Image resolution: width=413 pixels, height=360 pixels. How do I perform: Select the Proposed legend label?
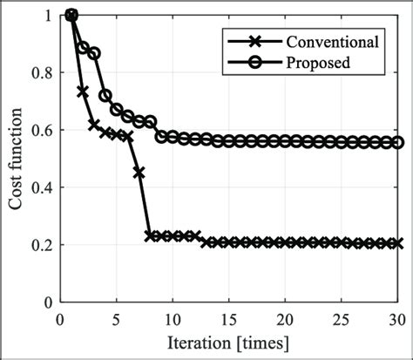(x=319, y=62)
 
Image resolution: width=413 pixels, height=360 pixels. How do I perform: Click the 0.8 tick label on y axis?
(x=41, y=72)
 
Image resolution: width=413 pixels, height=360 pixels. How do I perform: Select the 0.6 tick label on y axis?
(x=41, y=130)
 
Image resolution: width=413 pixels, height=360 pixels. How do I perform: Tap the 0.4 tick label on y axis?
(x=41, y=187)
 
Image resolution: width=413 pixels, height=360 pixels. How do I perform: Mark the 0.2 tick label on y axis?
(x=41, y=245)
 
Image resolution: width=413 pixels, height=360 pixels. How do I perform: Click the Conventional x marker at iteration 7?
(x=139, y=173)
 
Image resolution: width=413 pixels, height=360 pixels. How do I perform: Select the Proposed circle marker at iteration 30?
(x=398, y=142)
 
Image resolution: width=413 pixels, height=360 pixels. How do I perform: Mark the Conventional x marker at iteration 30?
(x=398, y=243)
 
